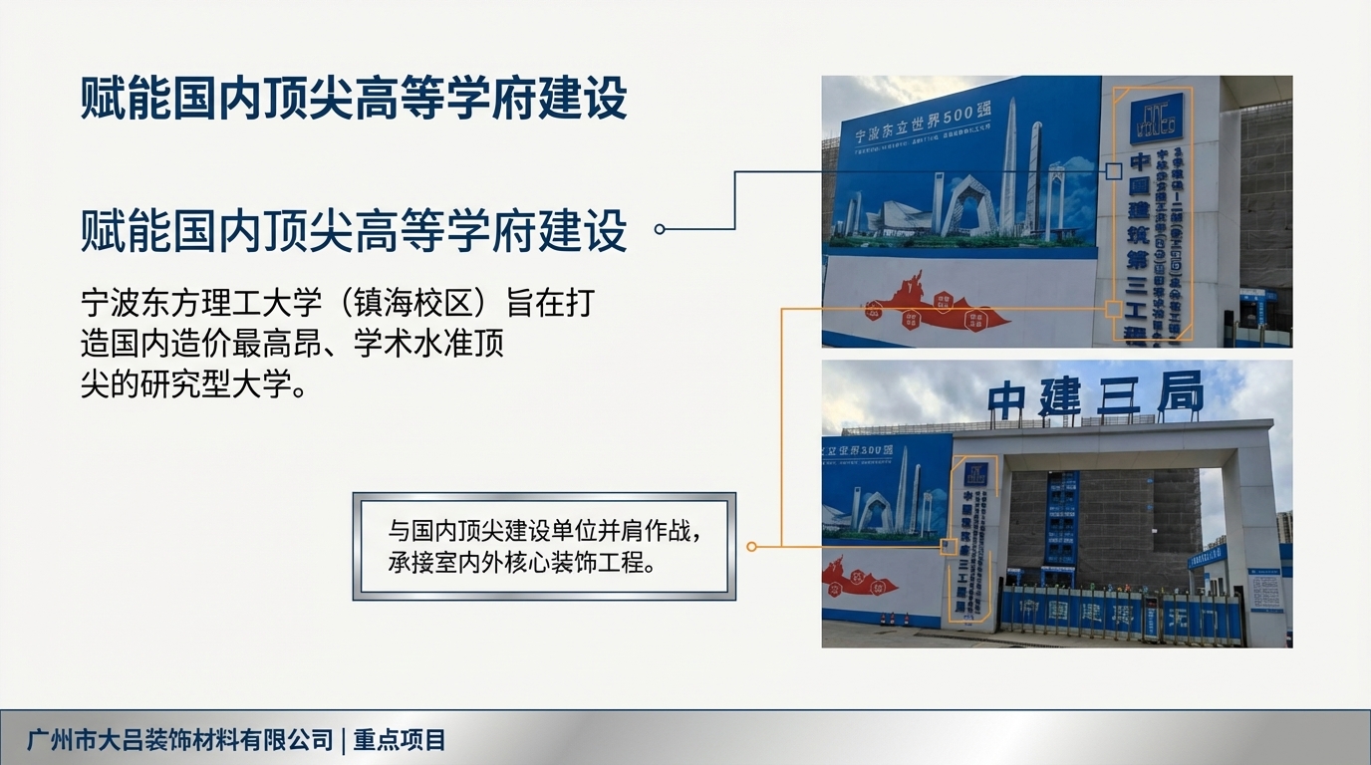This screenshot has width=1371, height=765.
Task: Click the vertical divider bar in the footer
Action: click(x=342, y=740)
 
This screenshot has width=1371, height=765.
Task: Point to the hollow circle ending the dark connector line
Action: click(x=660, y=229)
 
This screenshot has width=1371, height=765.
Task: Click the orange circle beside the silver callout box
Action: click(x=752, y=546)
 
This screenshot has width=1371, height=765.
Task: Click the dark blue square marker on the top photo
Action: click(x=1113, y=171)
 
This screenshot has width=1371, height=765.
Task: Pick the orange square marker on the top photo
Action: click(x=1113, y=309)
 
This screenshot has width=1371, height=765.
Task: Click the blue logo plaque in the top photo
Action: click(x=1157, y=118)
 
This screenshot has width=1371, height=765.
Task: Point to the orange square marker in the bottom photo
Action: click(x=950, y=546)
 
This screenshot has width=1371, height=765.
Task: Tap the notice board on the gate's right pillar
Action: click(x=1264, y=594)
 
